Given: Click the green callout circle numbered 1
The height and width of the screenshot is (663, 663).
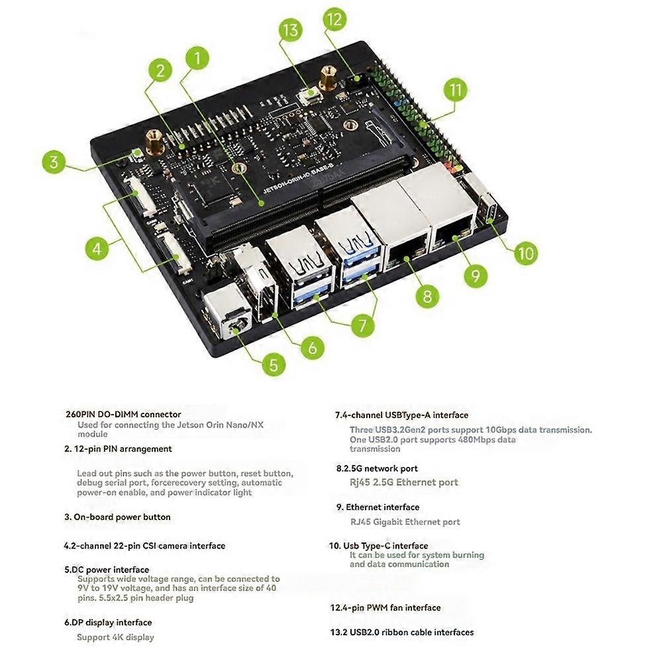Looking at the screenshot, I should coord(198,58).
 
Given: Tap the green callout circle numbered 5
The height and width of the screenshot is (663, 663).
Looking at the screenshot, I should coord(273,364).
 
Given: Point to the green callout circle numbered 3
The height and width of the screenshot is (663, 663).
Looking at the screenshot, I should coord(56,162).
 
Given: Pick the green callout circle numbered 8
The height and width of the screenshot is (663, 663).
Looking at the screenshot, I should coord(427,295).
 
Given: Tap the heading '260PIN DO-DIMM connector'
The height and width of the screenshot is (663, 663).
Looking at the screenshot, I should coord(123,415).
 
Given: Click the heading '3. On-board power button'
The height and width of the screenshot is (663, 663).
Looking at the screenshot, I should coord(117,517).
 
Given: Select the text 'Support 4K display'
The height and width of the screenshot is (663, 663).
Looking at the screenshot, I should coord(115,637).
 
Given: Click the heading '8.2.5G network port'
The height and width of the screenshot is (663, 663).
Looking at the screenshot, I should coord(377,469).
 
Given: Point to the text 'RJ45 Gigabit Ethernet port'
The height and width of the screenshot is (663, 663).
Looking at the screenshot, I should coord(405,522).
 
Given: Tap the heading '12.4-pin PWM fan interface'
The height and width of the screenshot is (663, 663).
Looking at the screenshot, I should coord(385,607).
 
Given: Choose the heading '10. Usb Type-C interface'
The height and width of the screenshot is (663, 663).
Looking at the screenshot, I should coord(379,546).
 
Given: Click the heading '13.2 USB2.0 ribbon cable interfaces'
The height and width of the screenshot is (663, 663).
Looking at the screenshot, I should coord(402,633).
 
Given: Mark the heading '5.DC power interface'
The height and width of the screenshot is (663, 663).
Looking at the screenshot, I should coord(107,570).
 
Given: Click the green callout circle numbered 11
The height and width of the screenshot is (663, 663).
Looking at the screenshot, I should coord(456,90).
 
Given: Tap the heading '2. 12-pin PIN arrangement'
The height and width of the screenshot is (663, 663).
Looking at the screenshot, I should coord(118,448).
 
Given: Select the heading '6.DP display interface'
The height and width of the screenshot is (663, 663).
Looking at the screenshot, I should coord(108,623).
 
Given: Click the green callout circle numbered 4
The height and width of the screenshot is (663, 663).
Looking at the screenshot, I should coord(97,249).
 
